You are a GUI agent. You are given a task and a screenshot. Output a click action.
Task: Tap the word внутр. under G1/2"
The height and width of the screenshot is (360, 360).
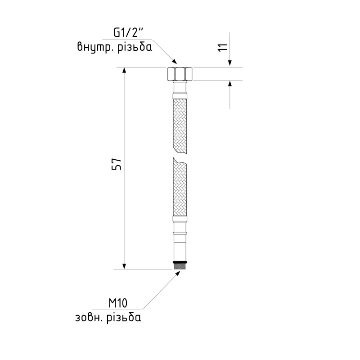95,48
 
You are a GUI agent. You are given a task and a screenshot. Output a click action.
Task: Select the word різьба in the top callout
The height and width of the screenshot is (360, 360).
135,47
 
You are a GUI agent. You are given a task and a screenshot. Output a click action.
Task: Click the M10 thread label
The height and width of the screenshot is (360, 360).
118,303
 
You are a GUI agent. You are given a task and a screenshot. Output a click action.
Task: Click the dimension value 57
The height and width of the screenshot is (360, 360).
117,164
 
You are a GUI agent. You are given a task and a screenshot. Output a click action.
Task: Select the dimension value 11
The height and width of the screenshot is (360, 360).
222,47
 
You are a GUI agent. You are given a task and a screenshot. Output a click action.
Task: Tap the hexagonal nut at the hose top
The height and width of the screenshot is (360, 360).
180,74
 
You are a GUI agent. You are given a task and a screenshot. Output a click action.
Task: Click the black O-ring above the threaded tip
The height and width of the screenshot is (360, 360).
180,262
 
